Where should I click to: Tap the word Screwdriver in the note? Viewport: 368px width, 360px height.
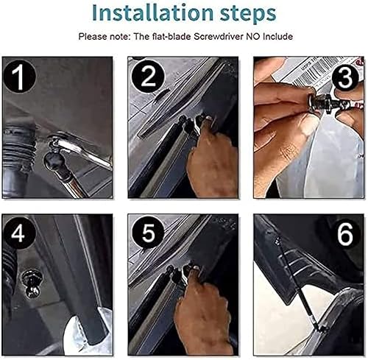224,36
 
